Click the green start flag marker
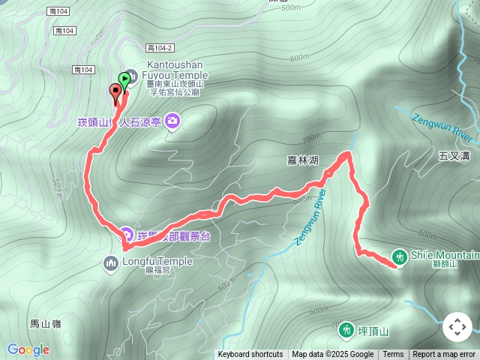click(x=124, y=77)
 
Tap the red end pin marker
click(x=115, y=93)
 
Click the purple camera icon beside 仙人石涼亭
click(x=173, y=120)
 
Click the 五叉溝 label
click(x=454, y=156)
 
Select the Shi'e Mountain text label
click(x=445, y=256)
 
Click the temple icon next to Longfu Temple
click(x=111, y=262)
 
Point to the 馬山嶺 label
click(x=45, y=324)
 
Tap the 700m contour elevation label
click(x=310, y=139)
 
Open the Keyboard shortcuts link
click(x=250, y=355)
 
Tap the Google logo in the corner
click(x=28, y=349)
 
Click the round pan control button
click(x=457, y=327)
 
